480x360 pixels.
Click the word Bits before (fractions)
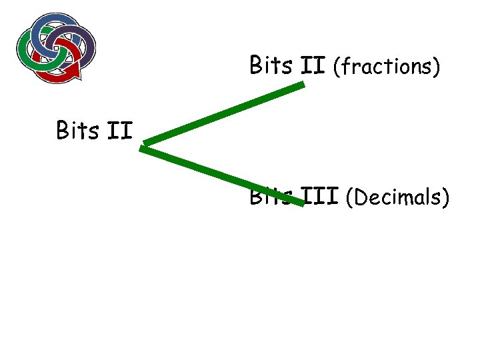(x=271, y=66)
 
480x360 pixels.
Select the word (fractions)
(x=387, y=67)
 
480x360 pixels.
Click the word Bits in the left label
(x=79, y=130)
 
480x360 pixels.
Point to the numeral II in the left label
(x=121, y=130)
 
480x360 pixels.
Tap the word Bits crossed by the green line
(x=270, y=197)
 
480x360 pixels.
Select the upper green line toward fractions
(x=223, y=114)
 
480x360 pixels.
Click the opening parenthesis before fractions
(x=337, y=67)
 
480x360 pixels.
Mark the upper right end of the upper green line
(x=303, y=85)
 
